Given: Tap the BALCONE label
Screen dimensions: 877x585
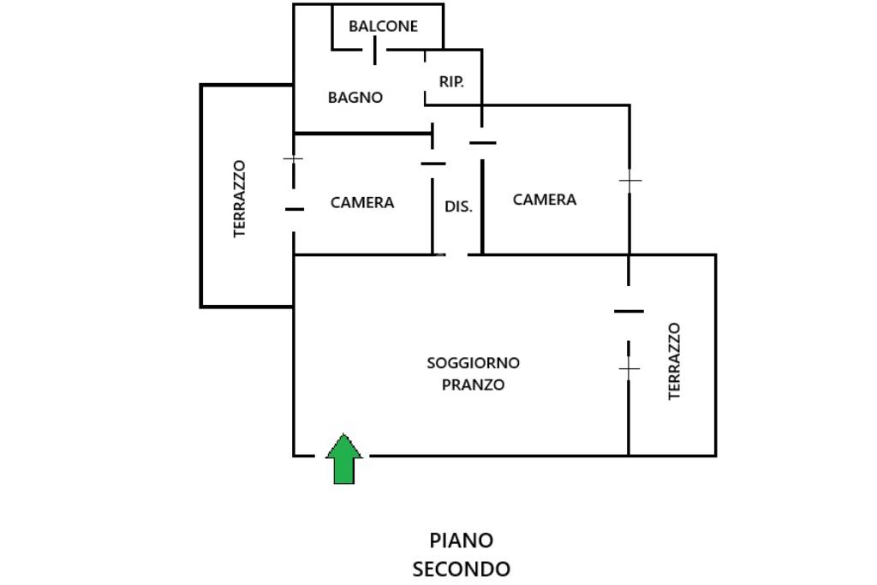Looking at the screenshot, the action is (x=383, y=27).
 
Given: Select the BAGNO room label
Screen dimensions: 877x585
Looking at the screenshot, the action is (x=355, y=98).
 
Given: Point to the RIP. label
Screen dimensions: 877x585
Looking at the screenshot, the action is (x=451, y=81).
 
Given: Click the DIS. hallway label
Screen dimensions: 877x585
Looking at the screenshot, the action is (x=458, y=206).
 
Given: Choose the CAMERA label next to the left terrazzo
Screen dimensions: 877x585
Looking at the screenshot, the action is (x=362, y=202).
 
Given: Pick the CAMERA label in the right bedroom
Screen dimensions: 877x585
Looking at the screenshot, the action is (x=544, y=200).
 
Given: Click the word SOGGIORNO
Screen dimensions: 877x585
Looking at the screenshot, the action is (x=473, y=363).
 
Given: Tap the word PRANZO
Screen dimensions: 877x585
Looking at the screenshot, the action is (x=473, y=385).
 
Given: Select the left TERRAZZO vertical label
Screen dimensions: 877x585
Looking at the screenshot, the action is (x=240, y=199).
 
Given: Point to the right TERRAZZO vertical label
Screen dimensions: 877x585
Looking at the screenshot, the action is (x=675, y=361).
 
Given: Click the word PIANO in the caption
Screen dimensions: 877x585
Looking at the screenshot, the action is (x=462, y=540).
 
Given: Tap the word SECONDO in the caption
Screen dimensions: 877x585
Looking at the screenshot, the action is (x=462, y=570).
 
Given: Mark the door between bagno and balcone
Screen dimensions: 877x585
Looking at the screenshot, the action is (x=375, y=51).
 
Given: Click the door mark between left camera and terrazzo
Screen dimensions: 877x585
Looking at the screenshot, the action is (x=295, y=209).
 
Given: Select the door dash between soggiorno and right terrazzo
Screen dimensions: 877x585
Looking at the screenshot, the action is (x=629, y=311).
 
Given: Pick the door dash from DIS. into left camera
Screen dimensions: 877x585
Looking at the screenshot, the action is (x=433, y=164).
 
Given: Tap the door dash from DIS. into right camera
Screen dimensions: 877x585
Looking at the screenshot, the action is (x=483, y=143).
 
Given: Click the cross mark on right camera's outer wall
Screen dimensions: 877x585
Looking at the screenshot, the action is (x=630, y=181).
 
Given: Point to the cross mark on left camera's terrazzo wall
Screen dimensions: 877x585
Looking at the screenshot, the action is (x=293, y=158).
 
